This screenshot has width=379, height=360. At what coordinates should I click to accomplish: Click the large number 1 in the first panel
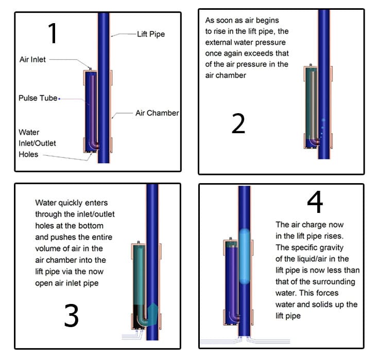coord(53,33)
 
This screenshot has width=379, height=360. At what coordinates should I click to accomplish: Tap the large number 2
coord(238,123)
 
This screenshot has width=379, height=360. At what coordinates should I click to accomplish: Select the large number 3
coord(72,315)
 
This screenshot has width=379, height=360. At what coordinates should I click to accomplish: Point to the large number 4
coord(315,202)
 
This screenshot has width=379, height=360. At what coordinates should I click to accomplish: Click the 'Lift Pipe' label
coord(151,34)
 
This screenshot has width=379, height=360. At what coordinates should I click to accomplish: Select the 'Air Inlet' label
coord(32,59)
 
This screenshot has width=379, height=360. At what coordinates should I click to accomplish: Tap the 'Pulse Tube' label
coord(38,98)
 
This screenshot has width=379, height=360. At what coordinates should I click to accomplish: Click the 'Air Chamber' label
coord(157,113)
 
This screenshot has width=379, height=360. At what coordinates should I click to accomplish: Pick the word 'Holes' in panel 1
coord(28,154)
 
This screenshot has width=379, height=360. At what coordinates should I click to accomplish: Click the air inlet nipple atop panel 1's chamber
coord(91,69)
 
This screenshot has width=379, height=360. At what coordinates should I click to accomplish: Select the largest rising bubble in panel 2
coord(323,120)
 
